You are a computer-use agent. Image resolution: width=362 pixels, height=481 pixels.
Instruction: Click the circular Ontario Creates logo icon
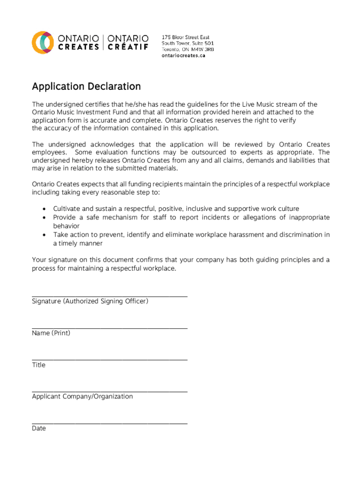click(x=41, y=42)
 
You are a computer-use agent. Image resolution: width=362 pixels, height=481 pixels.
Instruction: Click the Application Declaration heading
click(x=86, y=86)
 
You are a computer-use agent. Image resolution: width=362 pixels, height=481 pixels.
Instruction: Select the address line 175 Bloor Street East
click(x=185, y=37)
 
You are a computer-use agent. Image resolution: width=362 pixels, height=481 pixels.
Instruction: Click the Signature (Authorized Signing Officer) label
click(x=90, y=301)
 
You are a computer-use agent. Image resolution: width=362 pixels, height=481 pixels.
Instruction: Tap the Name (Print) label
click(x=51, y=333)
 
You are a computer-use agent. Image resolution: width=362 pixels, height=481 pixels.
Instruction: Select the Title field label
click(x=39, y=365)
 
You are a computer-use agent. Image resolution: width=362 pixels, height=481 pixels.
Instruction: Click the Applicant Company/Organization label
click(x=82, y=396)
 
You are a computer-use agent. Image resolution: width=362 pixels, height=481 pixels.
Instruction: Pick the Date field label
click(x=39, y=428)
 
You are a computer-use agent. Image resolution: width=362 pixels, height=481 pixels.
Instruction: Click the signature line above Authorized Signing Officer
click(x=110, y=296)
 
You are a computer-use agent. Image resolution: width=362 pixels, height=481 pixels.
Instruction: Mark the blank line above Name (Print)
click(x=110, y=328)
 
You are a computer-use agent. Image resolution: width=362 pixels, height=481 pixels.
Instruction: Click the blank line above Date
click(x=110, y=423)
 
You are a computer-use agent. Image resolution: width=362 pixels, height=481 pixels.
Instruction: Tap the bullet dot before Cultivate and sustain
click(x=44, y=209)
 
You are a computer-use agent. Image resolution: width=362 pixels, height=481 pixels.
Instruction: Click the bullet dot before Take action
click(x=44, y=235)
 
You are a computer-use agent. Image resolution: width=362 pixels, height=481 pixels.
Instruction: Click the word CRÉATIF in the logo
click(x=128, y=47)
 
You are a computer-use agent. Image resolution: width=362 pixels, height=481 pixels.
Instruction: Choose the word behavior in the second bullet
click(x=66, y=226)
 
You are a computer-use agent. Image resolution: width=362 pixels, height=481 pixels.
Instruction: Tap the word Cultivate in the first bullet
click(x=67, y=209)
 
